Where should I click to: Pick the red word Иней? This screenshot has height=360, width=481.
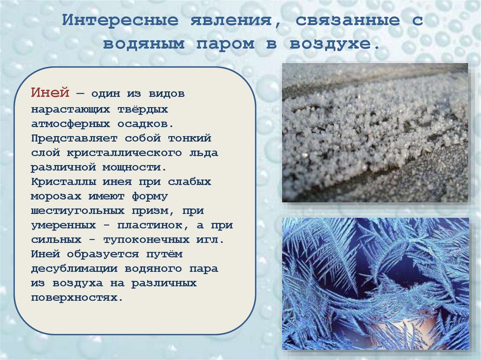[50, 93]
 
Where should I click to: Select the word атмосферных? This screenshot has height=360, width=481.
[71, 124]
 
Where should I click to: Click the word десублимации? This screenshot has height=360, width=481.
[75, 269]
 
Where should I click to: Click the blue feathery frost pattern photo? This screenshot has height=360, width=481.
[375, 283]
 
